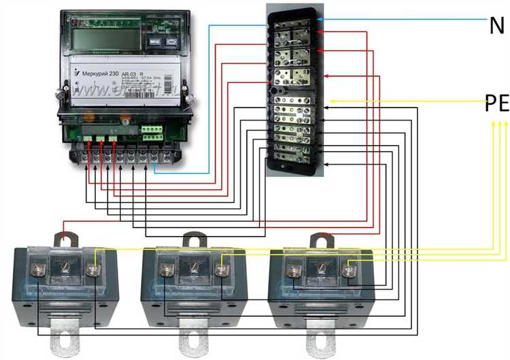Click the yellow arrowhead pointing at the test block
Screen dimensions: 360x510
(x=331, y=102)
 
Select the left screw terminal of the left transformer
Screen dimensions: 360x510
(x=37, y=271)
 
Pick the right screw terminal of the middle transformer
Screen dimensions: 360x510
(x=220, y=271)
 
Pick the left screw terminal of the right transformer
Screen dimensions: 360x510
(x=294, y=271)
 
